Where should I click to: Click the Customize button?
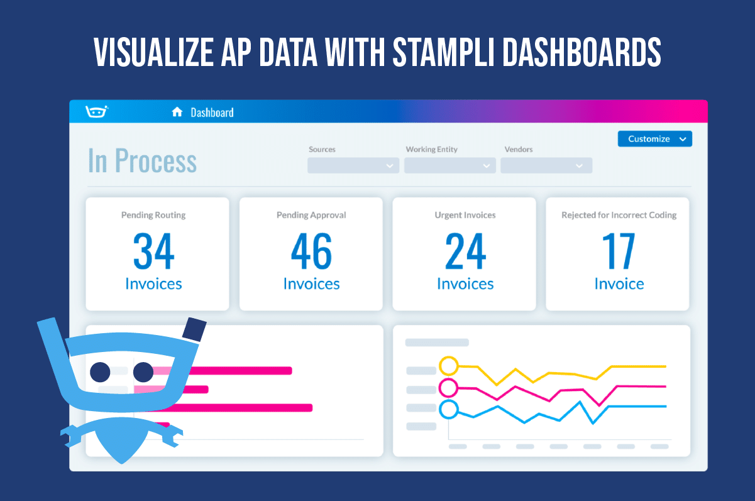(654, 139)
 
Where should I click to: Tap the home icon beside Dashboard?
(177, 113)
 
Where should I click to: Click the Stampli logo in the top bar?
(96, 112)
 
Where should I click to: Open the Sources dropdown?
(353, 165)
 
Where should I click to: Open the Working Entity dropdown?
(449, 165)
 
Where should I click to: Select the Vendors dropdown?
(546, 165)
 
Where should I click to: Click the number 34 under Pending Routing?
(153, 251)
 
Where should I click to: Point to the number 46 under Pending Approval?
(311, 251)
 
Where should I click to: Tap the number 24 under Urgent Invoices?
(465, 251)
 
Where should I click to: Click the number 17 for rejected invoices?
(619, 251)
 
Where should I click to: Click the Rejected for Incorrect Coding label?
(619, 215)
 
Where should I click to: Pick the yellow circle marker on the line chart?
(448, 365)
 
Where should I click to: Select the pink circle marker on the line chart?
(448, 387)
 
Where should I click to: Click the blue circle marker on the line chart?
(448, 409)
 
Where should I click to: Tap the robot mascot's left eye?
(101, 372)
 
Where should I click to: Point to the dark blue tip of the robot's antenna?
(195, 329)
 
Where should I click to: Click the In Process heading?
(142, 161)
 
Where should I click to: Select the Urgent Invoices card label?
(465, 215)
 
